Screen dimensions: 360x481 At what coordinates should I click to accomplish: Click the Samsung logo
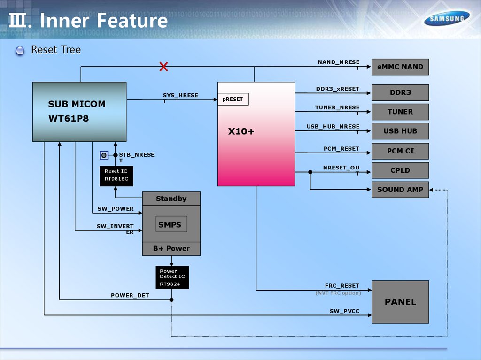pyautogui.click(x=447, y=19)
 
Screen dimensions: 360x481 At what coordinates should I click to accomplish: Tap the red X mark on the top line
pyautogui.click(x=163, y=67)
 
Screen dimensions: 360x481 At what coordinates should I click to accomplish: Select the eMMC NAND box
pyautogui.click(x=400, y=67)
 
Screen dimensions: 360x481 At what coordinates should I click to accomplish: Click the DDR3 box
pyautogui.click(x=400, y=92)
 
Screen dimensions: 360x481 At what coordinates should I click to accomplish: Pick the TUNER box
pyautogui.click(x=400, y=112)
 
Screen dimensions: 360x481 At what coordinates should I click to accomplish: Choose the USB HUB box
pyautogui.click(x=400, y=131)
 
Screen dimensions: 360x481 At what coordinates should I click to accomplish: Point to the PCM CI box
pyautogui.click(x=400, y=151)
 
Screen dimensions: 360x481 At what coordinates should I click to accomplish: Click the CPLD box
pyautogui.click(x=400, y=170)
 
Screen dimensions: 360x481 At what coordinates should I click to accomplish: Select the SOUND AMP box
pyautogui.click(x=400, y=190)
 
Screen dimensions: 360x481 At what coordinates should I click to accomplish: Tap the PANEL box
pyautogui.click(x=400, y=302)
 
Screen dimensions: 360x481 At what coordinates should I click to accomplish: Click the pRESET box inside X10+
pyautogui.click(x=233, y=100)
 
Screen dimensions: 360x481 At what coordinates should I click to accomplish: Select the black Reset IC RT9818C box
pyautogui.click(x=116, y=176)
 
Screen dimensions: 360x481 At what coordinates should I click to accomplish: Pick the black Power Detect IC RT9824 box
pyautogui.click(x=172, y=277)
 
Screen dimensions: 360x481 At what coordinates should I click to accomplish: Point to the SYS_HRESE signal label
pyautogui.click(x=180, y=96)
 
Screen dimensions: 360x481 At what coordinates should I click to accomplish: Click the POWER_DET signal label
pyautogui.click(x=130, y=296)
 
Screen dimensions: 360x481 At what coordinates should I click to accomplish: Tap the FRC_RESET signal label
pyautogui.click(x=342, y=286)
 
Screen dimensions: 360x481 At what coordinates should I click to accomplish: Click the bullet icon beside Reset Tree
pyautogui.click(x=20, y=50)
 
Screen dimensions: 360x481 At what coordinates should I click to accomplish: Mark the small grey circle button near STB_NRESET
pyautogui.click(x=104, y=155)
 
